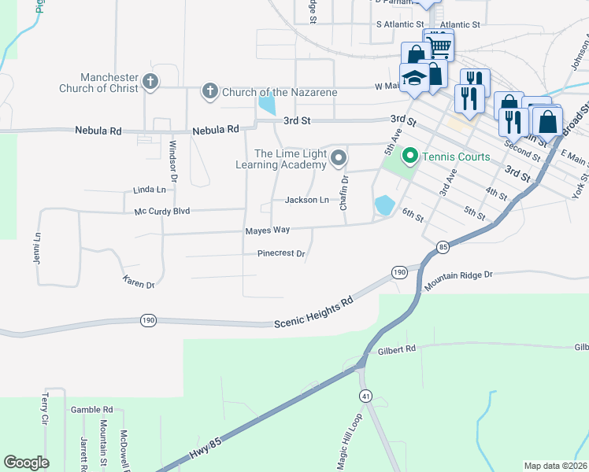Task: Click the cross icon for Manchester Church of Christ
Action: (x=150, y=81)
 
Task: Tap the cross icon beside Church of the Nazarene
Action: (x=209, y=92)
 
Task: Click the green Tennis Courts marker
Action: (x=409, y=157)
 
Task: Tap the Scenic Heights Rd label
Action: (x=314, y=312)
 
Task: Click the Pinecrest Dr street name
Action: (x=280, y=254)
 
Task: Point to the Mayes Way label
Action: (x=268, y=230)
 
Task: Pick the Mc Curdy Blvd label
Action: (x=162, y=211)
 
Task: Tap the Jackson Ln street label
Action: (x=306, y=200)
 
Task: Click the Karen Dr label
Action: (x=138, y=281)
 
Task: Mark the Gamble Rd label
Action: (x=92, y=410)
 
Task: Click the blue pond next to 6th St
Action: (x=384, y=205)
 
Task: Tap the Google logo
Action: (x=26, y=463)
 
